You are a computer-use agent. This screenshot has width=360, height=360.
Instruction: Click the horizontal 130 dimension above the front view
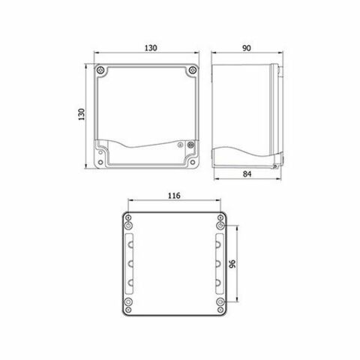pyautogui.click(x=149, y=47)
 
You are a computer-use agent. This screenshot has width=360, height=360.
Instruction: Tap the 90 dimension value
pyautogui.click(x=247, y=47)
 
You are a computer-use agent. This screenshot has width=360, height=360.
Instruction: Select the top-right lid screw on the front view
pyautogui.click(x=193, y=70)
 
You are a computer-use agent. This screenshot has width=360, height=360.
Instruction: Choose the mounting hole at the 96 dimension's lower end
pyautogui.click(x=220, y=302)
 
